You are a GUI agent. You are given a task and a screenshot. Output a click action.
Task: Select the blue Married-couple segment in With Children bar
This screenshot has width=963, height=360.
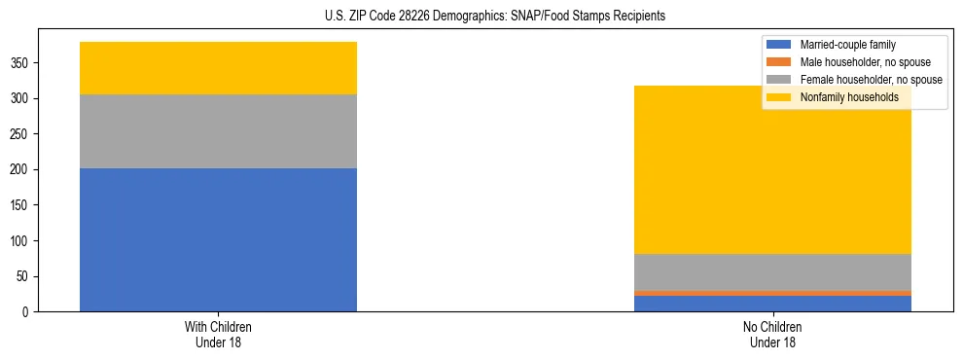coord(218,239)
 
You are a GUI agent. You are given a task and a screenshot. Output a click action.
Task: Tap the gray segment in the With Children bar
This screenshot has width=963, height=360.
coord(218,131)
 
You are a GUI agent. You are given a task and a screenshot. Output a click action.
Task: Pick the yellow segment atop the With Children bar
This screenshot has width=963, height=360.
coord(218,68)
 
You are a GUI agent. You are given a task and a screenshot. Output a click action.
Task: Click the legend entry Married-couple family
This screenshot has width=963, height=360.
coord(847,45)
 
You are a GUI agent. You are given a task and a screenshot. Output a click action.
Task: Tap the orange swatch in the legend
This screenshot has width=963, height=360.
coord(779,62)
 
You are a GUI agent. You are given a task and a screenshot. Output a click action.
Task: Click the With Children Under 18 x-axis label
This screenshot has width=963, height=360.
coord(218,335)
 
